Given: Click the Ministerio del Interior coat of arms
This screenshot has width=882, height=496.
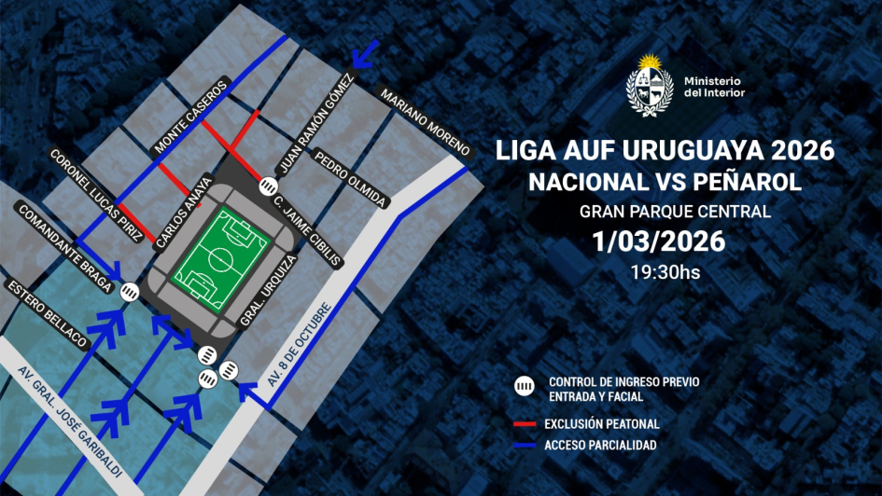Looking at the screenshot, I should [x=650, y=86].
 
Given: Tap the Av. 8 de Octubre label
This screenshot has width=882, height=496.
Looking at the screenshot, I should [x=298, y=345].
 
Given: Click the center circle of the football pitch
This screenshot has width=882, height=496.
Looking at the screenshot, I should [x=222, y=260].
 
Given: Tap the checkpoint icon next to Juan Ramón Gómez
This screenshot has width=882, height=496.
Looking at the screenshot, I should [x=268, y=184].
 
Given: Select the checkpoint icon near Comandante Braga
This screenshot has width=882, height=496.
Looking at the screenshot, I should [x=130, y=292].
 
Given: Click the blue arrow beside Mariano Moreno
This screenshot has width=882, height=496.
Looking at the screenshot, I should [x=365, y=58].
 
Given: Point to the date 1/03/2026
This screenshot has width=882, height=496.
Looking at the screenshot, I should [x=659, y=241].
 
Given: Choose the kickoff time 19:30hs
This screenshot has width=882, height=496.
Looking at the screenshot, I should [x=665, y=272].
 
